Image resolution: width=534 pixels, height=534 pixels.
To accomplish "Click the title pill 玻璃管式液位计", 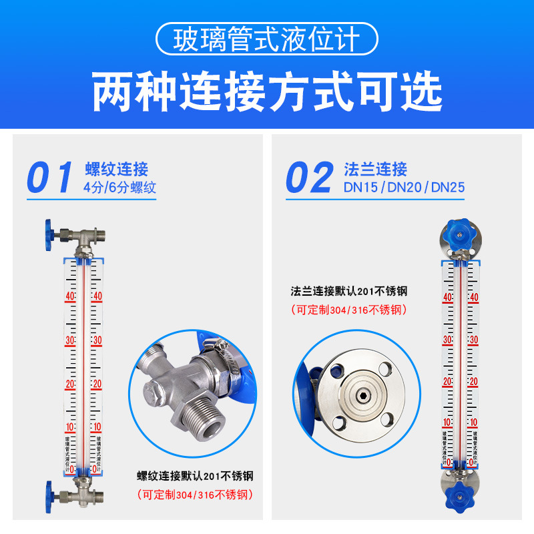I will click(266, 41).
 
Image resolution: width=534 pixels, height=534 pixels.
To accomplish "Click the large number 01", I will click(50, 178).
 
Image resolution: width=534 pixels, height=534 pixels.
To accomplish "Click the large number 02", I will click(309, 178).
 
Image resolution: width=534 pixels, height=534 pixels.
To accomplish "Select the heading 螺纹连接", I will click(117, 169).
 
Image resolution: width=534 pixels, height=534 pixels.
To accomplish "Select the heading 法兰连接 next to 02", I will click(376, 169).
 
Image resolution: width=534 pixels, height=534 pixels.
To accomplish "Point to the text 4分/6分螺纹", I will click(120, 188).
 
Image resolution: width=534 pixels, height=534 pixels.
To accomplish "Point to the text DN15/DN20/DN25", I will click(404, 188).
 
